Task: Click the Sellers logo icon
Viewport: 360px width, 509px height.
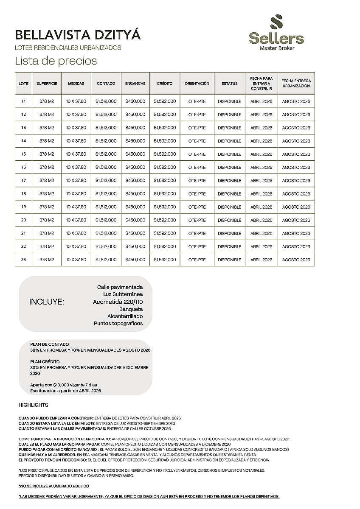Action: coord(276,22)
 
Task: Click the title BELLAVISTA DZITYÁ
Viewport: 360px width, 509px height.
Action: coord(78,35)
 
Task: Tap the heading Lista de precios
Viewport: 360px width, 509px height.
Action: coord(56,61)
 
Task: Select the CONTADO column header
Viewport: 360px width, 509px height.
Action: coord(106,84)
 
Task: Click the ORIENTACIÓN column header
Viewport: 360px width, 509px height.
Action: coord(197,84)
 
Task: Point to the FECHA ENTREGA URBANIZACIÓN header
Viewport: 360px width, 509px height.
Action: coord(296,84)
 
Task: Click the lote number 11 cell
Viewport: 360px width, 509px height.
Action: coord(23,101)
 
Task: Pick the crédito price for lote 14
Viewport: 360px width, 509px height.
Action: coord(165,141)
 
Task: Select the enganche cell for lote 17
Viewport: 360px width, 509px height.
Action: coord(135,180)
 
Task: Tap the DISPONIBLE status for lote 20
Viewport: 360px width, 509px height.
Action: coord(229,220)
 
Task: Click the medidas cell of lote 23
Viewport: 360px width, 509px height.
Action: coord(76,260)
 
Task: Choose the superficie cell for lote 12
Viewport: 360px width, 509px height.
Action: coord(47,115)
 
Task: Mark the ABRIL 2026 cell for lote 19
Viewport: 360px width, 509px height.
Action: coord(261,207)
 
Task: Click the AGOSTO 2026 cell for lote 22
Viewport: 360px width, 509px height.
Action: coord(296,246)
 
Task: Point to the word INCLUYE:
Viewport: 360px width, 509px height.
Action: coord(47,302)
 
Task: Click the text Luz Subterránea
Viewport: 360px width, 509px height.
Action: coord(123,294)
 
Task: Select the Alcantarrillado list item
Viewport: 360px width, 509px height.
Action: coord(125,316)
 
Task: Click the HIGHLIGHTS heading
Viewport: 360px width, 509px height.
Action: coord(34,405)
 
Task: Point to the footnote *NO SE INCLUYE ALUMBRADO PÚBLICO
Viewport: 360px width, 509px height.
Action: coord(54,486)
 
